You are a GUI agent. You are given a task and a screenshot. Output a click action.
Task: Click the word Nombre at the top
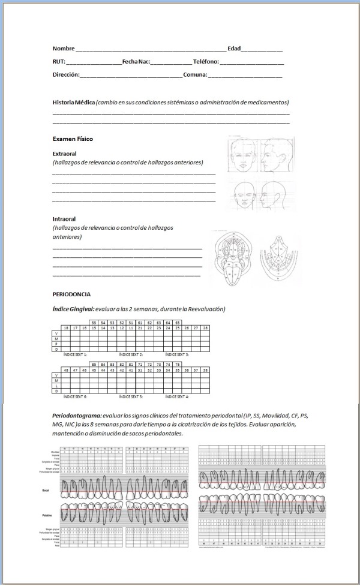tap(64, 49)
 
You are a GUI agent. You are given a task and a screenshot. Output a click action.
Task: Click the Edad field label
tap(233, 49)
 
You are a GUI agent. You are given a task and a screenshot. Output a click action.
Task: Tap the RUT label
tap(59, 62)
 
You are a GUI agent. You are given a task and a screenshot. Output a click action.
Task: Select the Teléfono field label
tap(206, 62)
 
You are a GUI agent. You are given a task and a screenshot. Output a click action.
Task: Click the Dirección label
tap(66, 75)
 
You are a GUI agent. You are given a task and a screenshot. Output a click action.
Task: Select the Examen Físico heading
tap(73, 139)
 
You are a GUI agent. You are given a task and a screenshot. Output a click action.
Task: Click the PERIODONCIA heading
tap(72, 294)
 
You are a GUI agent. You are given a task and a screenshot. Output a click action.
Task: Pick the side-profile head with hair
tap(277, 154)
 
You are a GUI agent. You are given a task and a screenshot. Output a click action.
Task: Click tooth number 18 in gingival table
tap(67, 328)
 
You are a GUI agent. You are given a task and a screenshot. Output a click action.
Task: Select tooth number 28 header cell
tap(205, 328)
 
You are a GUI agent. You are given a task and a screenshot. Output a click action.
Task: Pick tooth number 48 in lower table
tap(67, 370)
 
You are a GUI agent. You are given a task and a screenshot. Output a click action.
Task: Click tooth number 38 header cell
tap(205, 370)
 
